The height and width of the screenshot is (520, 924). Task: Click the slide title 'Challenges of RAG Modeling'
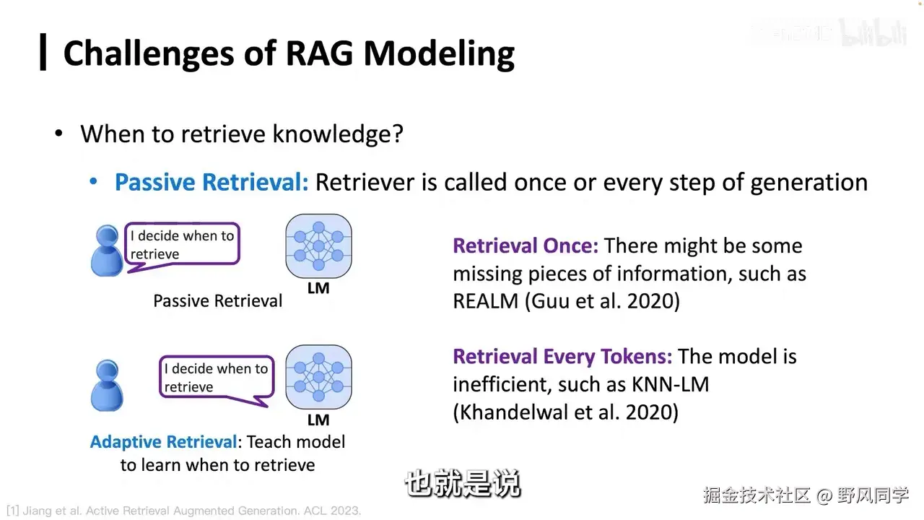pos(289,54)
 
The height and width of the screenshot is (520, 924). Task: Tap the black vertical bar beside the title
pos(43,53)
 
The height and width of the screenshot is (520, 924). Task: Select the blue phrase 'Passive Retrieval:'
pos(212,182)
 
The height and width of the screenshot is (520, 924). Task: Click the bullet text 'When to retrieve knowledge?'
pos(242,134)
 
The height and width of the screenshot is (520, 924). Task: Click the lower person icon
pos(108,386)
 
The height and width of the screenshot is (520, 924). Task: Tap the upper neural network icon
pos(318,246)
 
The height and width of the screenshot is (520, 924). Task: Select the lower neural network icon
pos(318,377)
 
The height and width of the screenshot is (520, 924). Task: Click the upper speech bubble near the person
pos(182,245)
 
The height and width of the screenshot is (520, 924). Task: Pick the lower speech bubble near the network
pos(217,378)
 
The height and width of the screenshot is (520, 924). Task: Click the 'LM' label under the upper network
pos(318,288)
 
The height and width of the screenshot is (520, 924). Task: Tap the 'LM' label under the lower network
pos(318,420)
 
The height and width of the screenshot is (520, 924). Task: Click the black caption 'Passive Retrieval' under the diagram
pos(218,300)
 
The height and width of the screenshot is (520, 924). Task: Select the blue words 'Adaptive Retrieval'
pos(163,441)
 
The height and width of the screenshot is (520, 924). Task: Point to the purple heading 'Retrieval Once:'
pos(526,246)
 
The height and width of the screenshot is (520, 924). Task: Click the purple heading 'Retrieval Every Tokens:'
pos(562,356)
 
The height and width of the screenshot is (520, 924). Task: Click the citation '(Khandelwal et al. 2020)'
pos(565,412)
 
